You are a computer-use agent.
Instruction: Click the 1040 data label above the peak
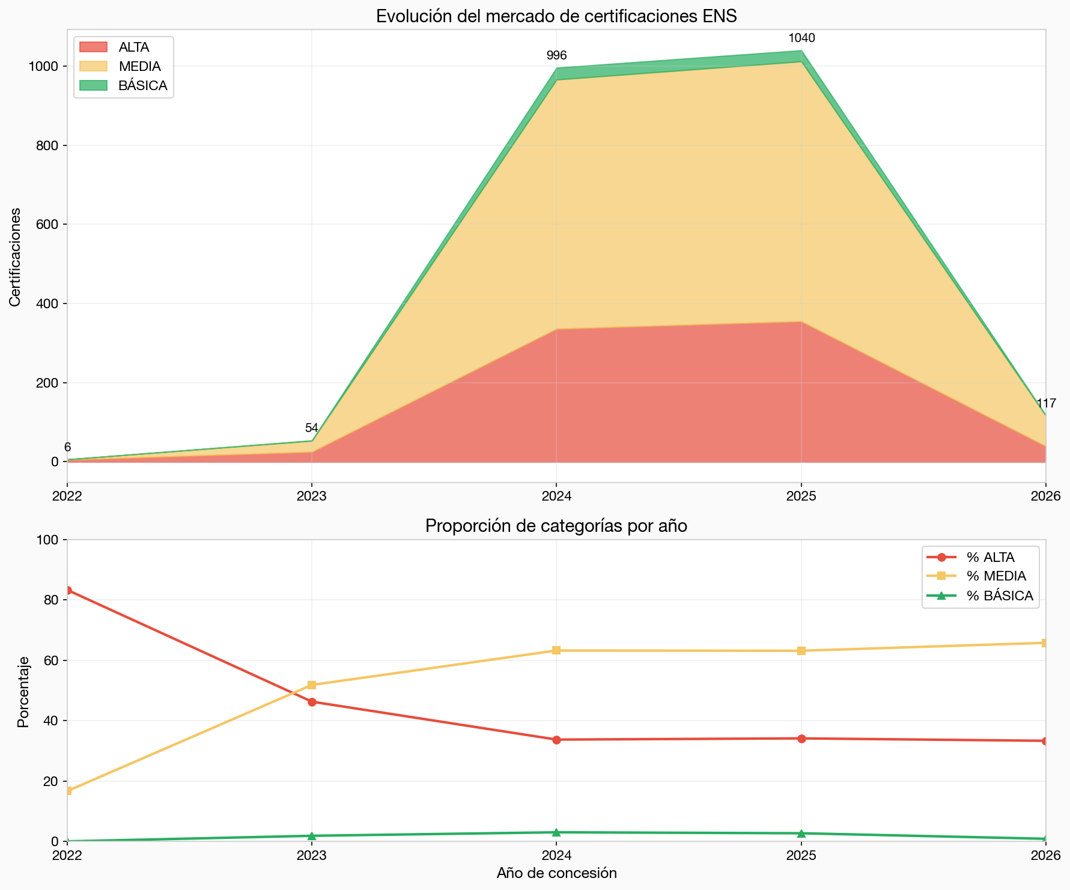click(x=801, y=38)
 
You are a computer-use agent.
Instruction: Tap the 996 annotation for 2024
click(x=556, y=56)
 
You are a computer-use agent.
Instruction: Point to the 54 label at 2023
click(x=311, y=428)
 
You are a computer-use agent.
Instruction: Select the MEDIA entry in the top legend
click(x=139, y=66)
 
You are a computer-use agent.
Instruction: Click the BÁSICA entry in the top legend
click(x=142, y=85)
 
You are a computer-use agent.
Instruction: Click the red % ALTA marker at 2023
click(x=312, y=702)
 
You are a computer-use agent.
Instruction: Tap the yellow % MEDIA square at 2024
click(x=556, y=650)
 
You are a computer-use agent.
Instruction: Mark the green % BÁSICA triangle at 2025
click(x=801, y=833)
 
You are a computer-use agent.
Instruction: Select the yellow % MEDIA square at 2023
click(x=312, y=685)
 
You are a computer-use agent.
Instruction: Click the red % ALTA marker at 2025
click(x=801, y=739)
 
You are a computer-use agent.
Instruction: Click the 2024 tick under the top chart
click(x=556, y=497)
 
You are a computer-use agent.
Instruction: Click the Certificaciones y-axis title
click(x=16, y=257)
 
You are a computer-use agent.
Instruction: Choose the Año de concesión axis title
click(x=556, y=873)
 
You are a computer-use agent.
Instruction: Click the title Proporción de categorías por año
click(x=556, y=526)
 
